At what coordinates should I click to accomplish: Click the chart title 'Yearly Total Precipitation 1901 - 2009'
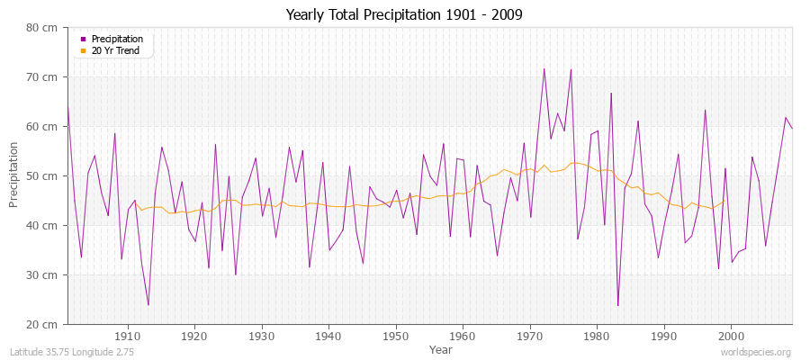click(x=404, y=15)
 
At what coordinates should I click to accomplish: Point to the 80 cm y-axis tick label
click(x=43, y=27)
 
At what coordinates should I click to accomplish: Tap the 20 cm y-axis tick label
click(x=43, y=324)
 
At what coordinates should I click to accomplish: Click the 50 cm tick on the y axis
click(x=43, y=175)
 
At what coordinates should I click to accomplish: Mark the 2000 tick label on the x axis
click(x=731, y=337)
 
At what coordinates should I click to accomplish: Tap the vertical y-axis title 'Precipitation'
click(x=13, y=175)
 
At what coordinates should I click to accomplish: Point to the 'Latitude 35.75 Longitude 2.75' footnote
click(x=71, y=353)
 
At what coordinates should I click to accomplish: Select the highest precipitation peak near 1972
click(x=544, y=68)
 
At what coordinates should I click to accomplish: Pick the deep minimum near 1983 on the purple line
click(x=617, y=306)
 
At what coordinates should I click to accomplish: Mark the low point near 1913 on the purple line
click(x=148, y=305)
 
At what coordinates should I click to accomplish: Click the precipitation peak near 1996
click(x=705, y=110)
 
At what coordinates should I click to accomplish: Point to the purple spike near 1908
click(x=114, y=133)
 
